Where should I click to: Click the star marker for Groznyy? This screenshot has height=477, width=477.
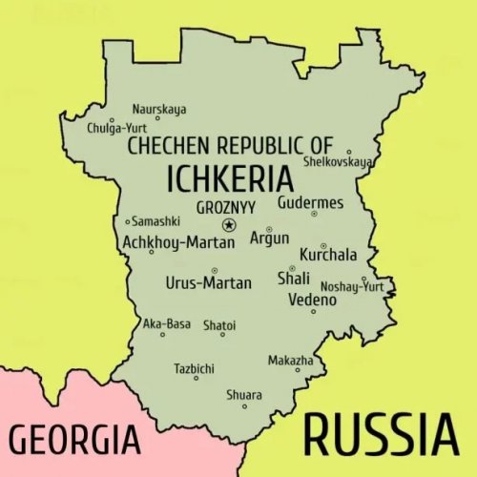(228, 225)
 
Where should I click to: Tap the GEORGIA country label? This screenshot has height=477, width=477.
(75, 441)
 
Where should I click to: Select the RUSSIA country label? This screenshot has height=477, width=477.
(380, 437)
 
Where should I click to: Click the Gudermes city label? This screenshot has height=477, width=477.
(311, 202)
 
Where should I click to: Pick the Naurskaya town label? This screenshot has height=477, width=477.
(159, 109)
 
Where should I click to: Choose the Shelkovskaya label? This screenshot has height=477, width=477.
(337, 161)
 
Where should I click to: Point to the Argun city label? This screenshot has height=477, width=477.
(268, 238)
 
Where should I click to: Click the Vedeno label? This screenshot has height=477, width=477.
(312, 301)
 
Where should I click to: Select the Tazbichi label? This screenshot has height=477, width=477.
(194, 368)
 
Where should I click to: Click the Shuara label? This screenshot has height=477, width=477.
(243, 395)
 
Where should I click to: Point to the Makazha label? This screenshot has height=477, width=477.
(290, 361)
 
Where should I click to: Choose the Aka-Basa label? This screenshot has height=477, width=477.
(167, 324)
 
